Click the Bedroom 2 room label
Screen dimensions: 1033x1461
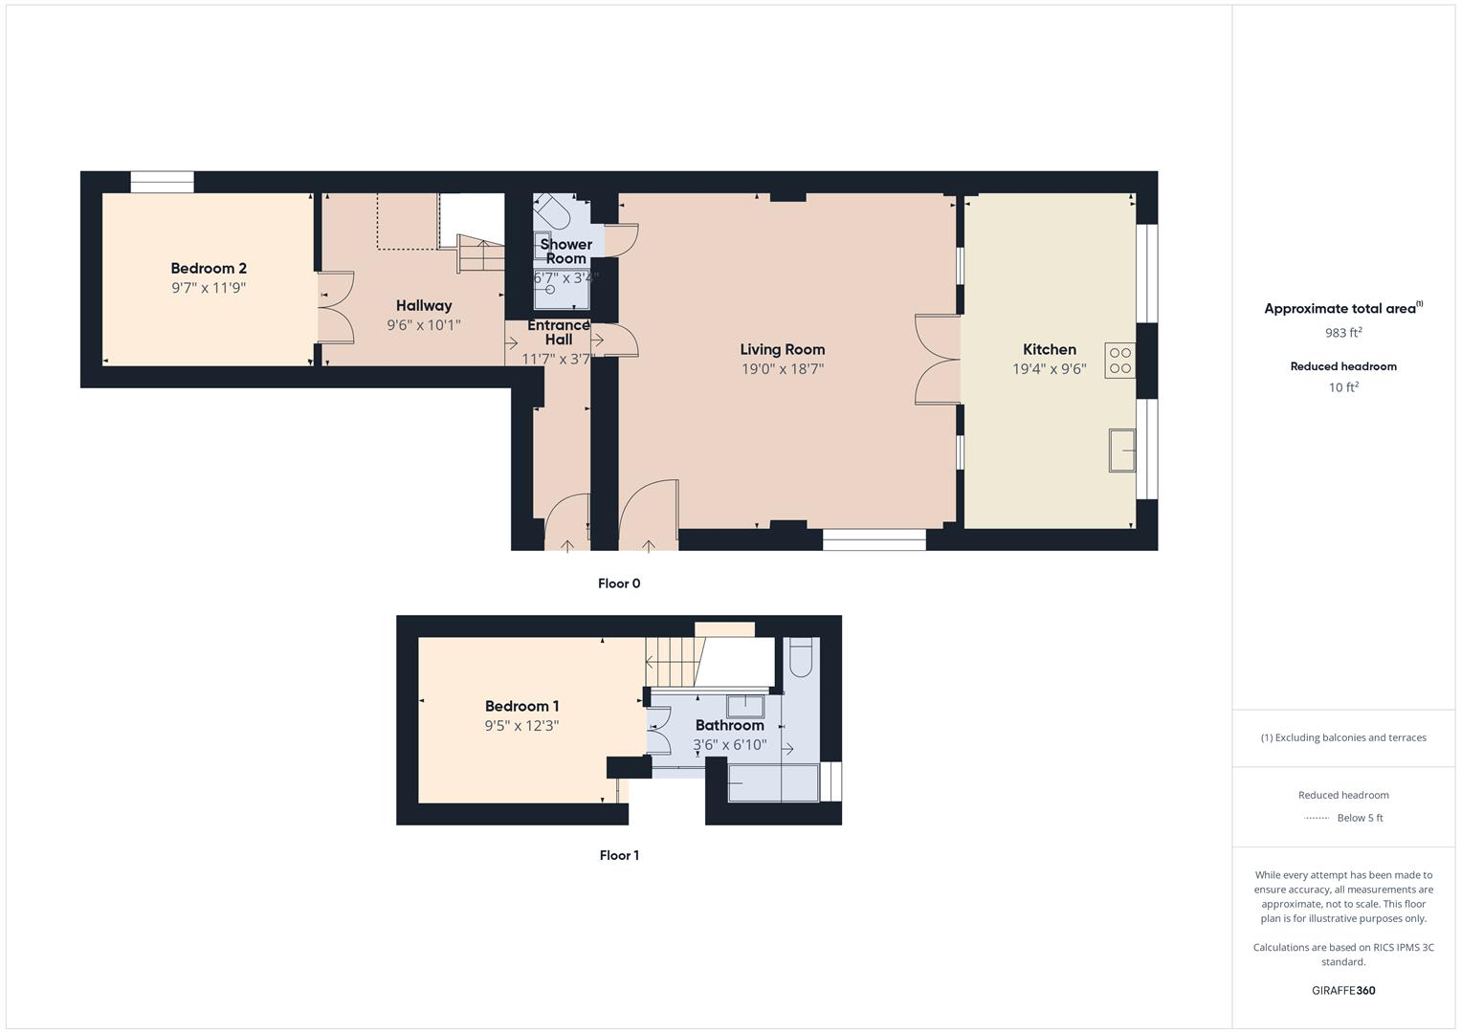click(209, 269)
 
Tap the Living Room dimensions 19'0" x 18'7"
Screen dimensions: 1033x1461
click(782, 369)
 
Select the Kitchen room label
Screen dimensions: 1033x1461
click(1050, 350)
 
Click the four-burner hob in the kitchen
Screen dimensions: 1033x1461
click(1119, 361)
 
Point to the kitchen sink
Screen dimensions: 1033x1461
click(1121, 451)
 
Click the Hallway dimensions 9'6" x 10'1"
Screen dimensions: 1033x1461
click(424, 325)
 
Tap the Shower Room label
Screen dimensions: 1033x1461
click(565, 252)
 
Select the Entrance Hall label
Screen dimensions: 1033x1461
click(559, 332)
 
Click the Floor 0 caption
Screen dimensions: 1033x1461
click(619, 583)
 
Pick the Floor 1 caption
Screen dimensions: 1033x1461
click(619, 855)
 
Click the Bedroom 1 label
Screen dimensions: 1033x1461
click(521, 707)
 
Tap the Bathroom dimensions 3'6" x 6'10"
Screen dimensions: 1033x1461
click(729, 745)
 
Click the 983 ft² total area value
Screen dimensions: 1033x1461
click(1343, 333)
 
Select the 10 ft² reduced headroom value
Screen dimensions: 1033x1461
click(1343, 387)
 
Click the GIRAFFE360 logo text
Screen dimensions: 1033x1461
click(1343, 991)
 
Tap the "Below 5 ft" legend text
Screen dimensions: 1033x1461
click(1360, 818)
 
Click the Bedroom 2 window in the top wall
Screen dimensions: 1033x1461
click(163, 182)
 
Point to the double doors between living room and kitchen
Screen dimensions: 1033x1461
click(938, 360)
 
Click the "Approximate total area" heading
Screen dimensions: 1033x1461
click(1340, 309)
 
